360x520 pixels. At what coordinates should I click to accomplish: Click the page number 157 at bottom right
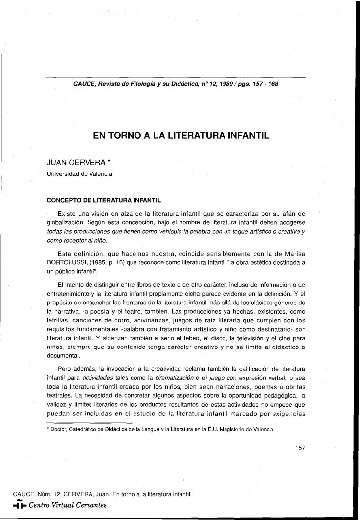[300, 448]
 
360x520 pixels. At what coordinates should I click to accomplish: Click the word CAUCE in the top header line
[84, 84]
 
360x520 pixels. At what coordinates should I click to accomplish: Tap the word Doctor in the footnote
[59, 429]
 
